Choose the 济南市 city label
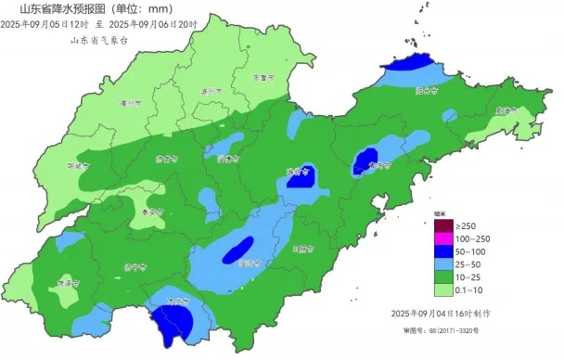(x=166, y=159)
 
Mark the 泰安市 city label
(x=150, y=212)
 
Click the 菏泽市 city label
(x=65, y=283)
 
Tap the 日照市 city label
(x=302, y=249)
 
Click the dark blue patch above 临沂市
(x=238, y=249)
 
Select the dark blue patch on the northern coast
(x=411, y=64)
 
